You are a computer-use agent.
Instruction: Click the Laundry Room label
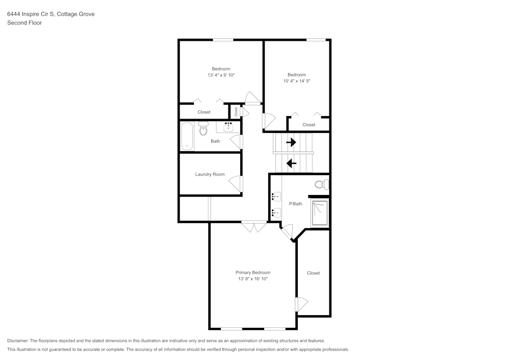(210, 174)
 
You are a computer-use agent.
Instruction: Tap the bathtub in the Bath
(187, 136)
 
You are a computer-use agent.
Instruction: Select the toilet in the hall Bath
(203, 128)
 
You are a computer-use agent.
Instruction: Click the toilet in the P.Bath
(321, 185)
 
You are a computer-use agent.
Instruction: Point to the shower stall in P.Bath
(320, 213)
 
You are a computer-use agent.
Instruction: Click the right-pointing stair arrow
(291, 142)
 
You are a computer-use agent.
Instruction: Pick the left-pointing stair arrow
(291, 163)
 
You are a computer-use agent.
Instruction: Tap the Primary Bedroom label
(253, 273)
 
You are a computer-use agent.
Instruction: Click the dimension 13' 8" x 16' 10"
(253, 279)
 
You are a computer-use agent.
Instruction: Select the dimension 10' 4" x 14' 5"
(297, 81)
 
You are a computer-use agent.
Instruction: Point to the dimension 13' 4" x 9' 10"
(221, 75)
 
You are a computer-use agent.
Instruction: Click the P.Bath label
(296, 204)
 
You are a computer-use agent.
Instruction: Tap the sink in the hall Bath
(229, 127)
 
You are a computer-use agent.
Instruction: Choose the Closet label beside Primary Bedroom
(313, 273)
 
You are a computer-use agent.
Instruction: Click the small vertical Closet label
(236, 112)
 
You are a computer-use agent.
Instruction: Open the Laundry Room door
(236, 184)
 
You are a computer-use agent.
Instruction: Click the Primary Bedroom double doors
(254, 226)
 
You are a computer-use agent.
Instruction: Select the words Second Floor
(24, 23)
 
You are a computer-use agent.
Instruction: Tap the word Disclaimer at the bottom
(17, 341)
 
